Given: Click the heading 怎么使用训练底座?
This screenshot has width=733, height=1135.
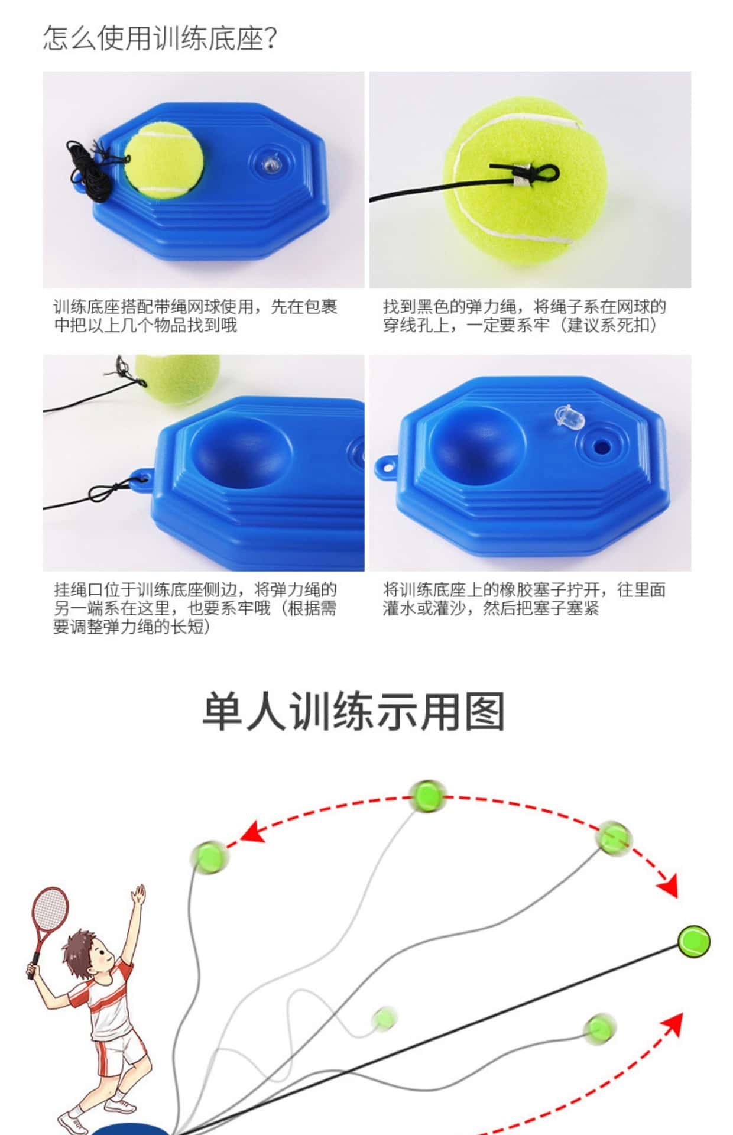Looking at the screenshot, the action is click(160, 39).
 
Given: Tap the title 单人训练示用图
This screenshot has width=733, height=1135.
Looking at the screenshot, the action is click(353, 712).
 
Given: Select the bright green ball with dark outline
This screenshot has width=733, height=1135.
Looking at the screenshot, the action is click(693, 941).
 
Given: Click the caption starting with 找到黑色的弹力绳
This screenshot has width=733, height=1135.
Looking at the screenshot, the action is click(524, 316).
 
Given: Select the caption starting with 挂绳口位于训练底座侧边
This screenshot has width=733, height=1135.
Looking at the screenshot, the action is click(195, 608).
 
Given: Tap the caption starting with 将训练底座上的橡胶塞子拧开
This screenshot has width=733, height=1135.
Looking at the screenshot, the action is click(524, 599).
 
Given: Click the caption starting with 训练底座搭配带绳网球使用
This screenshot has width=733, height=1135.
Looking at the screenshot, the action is click(196, 316).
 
